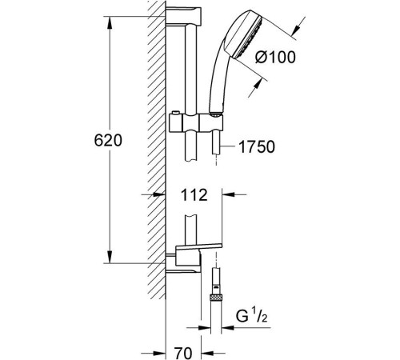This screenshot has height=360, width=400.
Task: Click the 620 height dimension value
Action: click(108, 140)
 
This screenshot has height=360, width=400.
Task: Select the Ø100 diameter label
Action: click(275, 57)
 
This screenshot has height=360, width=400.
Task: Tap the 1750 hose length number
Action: click(257, 146)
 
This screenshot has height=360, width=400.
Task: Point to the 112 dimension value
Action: click(194, 195)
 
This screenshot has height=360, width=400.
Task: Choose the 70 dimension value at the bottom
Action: click(183, 353)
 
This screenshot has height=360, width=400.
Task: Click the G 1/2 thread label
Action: click(251, 316)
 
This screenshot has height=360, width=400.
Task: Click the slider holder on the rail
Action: click(195, 123)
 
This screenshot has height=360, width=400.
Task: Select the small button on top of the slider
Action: click(174, 113)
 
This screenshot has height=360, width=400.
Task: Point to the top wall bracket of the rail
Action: click(183, 17)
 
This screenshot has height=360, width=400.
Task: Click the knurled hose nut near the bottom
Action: click(216, 298)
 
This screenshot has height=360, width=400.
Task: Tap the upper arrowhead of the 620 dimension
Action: click(110, 23)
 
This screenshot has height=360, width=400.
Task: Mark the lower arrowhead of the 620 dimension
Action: click(110, 257)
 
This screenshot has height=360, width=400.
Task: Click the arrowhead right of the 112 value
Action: click(228, 195)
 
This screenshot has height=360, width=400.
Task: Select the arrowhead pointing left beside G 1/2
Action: click(228, 327)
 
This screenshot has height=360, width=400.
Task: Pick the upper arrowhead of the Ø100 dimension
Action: click(295, 30)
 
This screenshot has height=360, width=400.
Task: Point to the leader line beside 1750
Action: click(227, 146)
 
